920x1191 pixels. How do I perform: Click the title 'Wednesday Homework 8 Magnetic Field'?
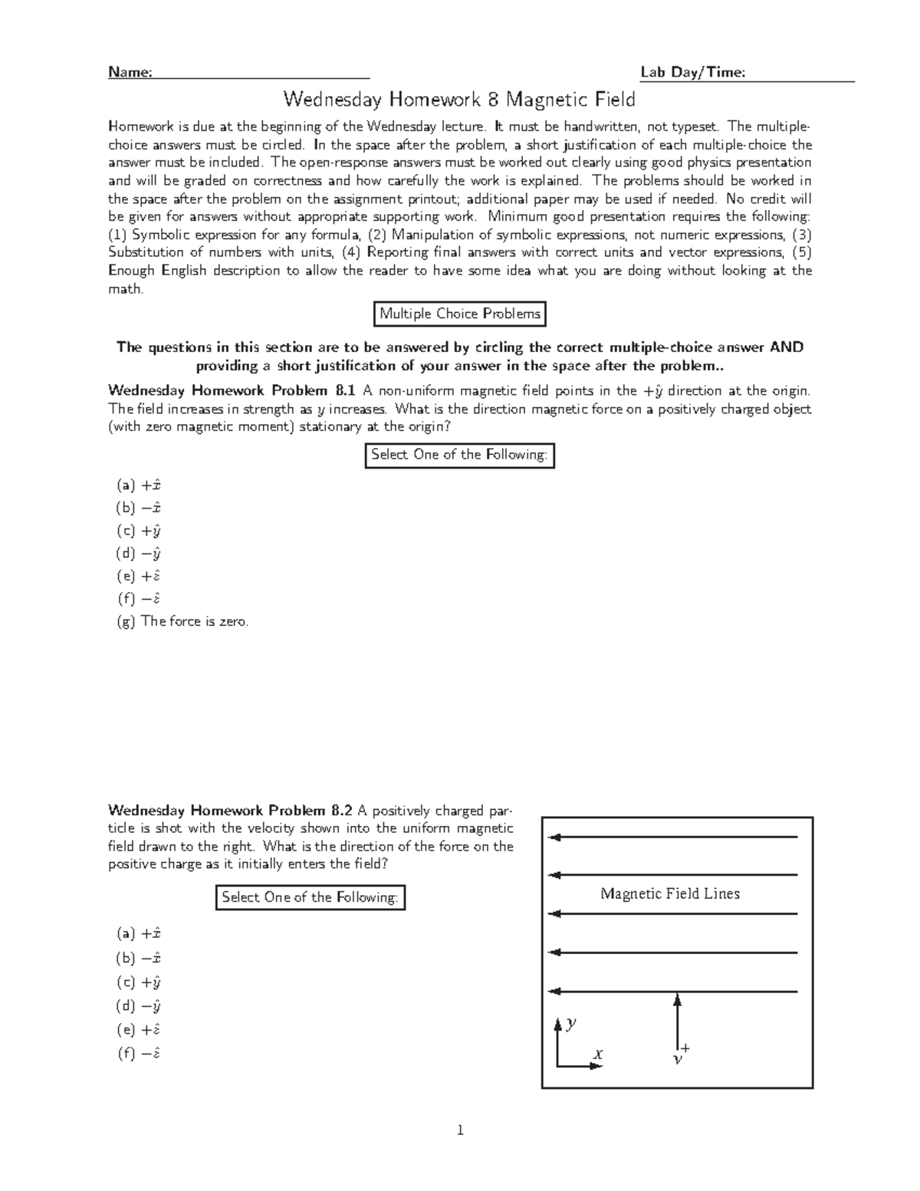(x=459, y=100)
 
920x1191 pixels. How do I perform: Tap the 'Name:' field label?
(x=130, y=72)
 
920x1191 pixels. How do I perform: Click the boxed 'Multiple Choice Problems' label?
(x=460, y=314)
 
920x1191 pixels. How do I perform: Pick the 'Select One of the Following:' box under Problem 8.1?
(x=459, y=455)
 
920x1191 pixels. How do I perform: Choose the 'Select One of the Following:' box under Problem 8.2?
(x=310, y=897)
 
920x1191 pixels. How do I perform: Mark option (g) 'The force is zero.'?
(x=183, y=622)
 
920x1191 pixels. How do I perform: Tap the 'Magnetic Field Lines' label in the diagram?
(x=670, y=893)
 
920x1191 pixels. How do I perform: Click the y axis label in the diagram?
(x=571, y=1023)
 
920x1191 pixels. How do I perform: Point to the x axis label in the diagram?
(x=597, y=1054)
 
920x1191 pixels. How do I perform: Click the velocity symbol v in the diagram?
(x=677, y=1059)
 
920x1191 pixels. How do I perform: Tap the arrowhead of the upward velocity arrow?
(x=677, y=999)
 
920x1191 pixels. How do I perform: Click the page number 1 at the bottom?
(x=460, y=1130)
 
